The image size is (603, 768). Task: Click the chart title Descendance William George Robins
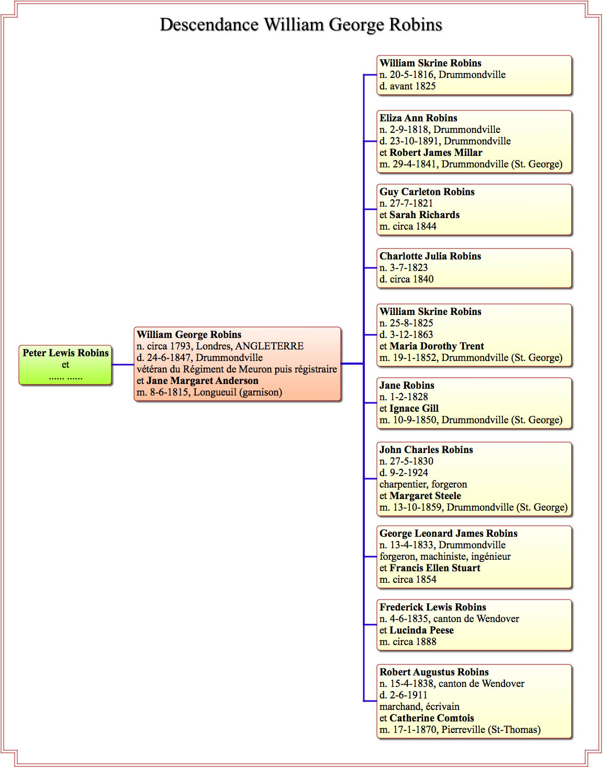301,25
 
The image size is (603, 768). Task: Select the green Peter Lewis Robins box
65,365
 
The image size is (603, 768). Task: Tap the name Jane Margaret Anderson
202,381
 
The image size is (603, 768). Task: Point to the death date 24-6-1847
169,358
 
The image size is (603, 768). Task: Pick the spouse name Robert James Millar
436,153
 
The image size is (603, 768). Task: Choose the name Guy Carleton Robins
427,192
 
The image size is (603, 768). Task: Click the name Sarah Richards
425,215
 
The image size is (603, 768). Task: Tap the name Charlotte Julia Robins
430,256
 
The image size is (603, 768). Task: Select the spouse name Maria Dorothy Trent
437,346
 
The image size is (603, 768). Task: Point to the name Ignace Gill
414,408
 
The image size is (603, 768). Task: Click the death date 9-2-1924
409,472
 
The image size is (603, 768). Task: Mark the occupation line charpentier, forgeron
423,484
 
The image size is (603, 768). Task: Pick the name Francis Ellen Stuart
435,568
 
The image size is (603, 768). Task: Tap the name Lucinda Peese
421,630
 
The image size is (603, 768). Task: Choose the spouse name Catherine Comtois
431,718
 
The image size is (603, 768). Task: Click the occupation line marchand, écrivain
419,706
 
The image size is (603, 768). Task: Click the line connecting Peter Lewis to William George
123,365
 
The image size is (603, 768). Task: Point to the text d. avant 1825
408,86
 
